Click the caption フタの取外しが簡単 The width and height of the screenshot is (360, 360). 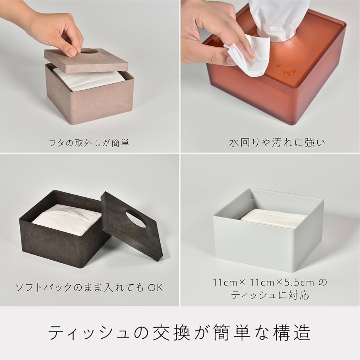(90, 143)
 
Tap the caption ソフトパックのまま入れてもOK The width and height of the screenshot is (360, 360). (89, 288)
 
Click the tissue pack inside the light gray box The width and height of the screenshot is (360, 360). (274, 217)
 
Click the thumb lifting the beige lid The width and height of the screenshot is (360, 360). (72, 49)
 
